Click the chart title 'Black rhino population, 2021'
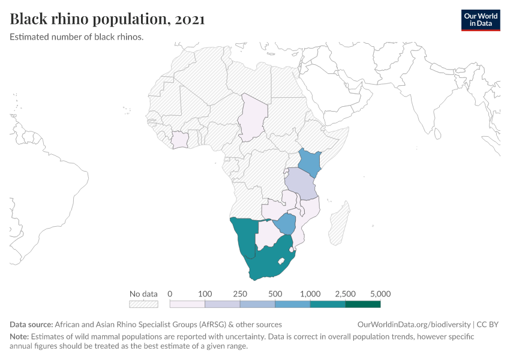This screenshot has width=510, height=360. (x=107, y=19)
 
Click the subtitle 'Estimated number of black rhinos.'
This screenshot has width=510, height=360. (x=76, y=37)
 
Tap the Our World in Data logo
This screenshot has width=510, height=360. (x=480, y=20)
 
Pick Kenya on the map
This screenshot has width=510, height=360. (x=310, y=161)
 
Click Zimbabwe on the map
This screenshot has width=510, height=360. (x=286, y=224)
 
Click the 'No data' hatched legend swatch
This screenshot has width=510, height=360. (x=143, y=304)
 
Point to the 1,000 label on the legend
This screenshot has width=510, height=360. (x=310, y=294)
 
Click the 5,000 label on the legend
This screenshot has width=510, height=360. (x=380, y=294)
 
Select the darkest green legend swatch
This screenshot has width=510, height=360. (x=362, y=304)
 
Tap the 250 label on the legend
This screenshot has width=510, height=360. (x=240, y=294)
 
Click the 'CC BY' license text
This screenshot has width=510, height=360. (x=488, y=325)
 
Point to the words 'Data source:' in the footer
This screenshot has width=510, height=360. (x=32, y=325)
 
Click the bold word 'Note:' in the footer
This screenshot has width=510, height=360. (x=19, y=337)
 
